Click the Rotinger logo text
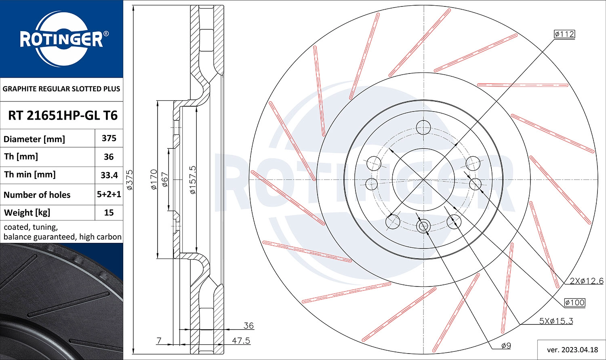[61, 40]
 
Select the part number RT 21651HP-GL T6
[63, 116]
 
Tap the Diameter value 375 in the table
[109, 138]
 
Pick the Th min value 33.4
[109, 175]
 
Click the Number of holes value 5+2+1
[109, 194]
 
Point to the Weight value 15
[109, 213]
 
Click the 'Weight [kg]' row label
[27, 213]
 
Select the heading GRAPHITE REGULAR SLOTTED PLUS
[61, 89]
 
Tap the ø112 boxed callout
[564, 34]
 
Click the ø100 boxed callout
[574, 302]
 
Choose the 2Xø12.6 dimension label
[587, 281]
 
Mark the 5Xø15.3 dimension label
[556, 321]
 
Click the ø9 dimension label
[506, 345]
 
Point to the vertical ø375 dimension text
[130, 180]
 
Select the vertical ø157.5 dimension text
[193, 180]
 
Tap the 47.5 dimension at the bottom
[241, 341]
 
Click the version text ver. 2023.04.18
[572, 349]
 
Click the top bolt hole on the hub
[423, 127]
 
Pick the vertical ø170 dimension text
[154, 180]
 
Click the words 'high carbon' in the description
[100, 237]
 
